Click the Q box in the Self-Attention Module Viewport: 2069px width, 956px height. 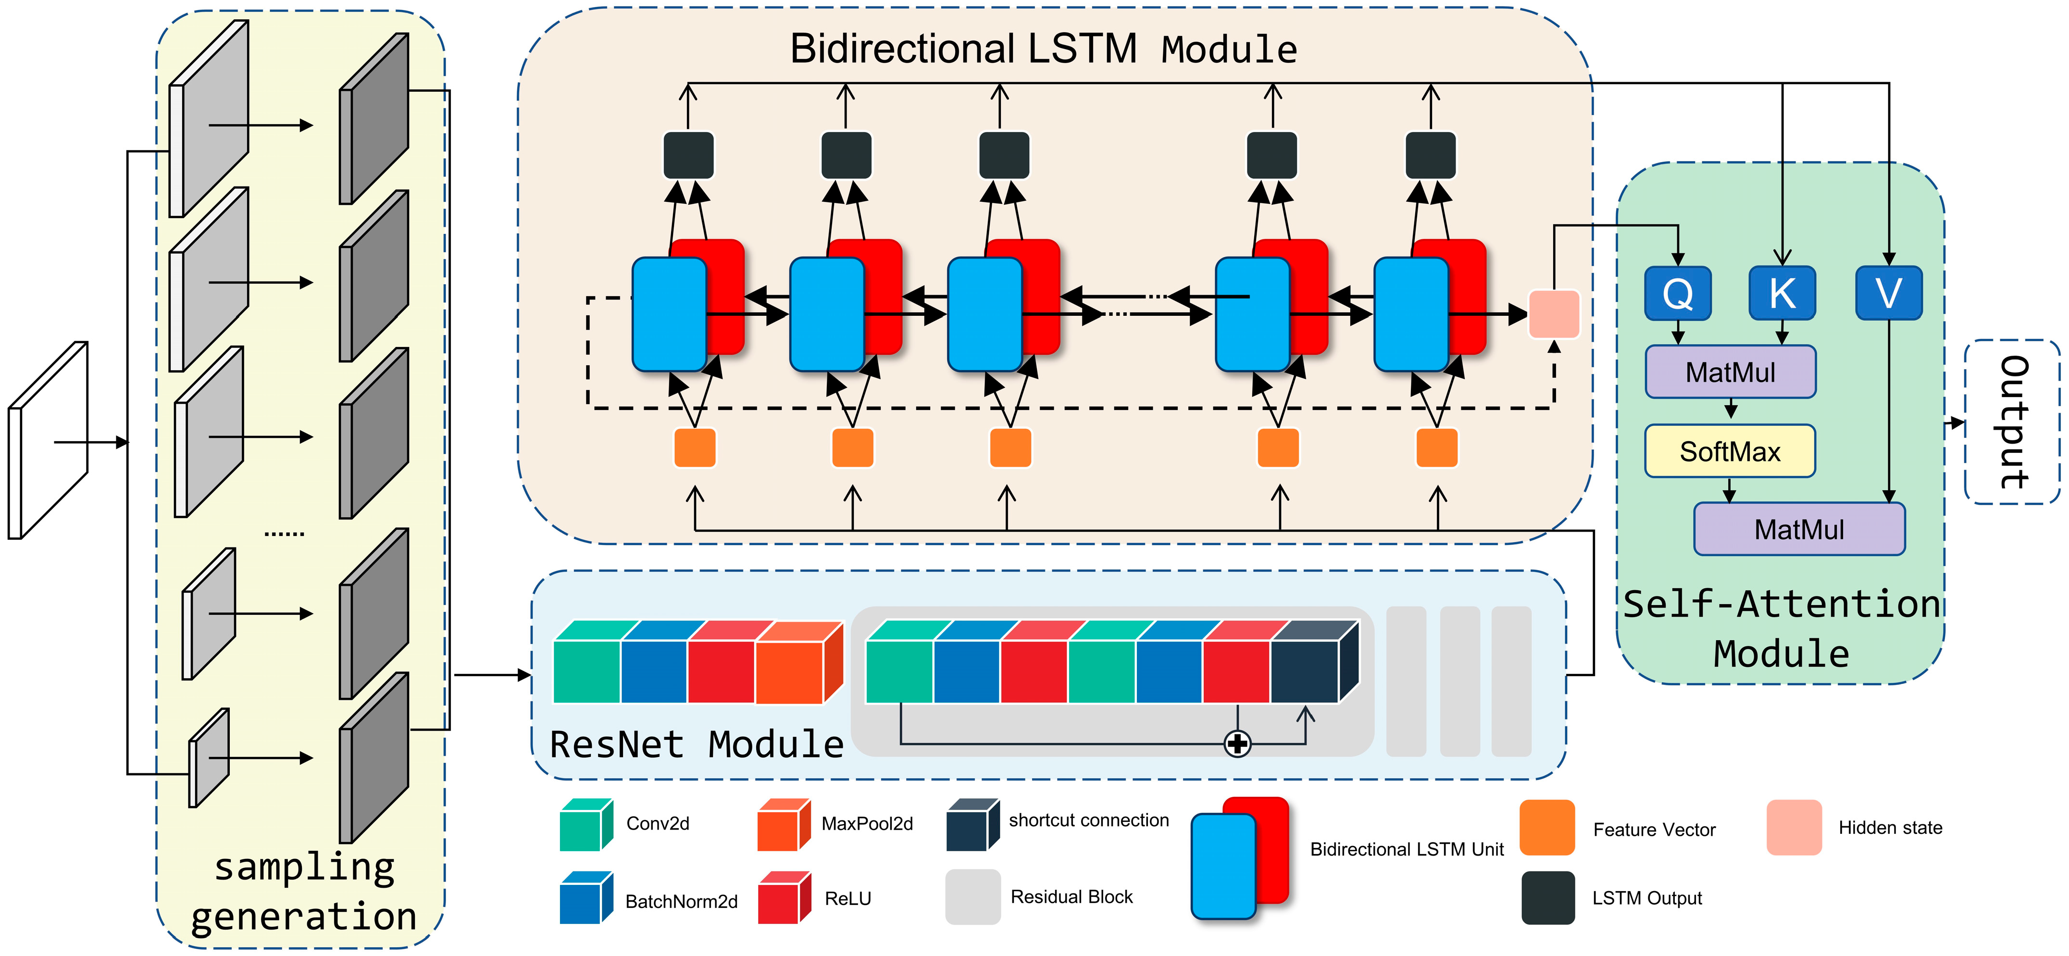(x=1678, y=293)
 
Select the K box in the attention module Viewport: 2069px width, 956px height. (x=1782, y=293)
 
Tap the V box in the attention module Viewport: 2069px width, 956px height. (x=1888, y=293)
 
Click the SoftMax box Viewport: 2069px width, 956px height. (x=1730, y=451)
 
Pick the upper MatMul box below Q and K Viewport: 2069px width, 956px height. (x=1730, y=372)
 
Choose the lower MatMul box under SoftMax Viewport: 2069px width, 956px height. (x=1799, y=529)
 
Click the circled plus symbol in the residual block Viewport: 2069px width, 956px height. (x=1237, y=744)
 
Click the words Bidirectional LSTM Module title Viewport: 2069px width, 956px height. (x=1043, y=49)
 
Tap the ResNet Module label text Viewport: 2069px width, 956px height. (x=697, y=744)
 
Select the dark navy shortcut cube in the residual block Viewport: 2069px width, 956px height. (x=1314, y=662)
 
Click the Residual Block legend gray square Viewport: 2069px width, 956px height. (x=972, y=896)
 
